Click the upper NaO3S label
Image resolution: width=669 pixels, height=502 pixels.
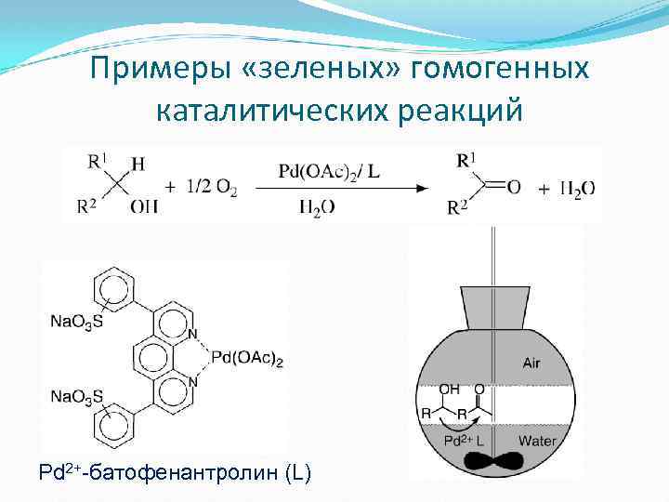pos(76,322)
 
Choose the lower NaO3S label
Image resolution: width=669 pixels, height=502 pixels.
pos(76,397)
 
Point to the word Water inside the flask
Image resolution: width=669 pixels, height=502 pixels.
pos(536,440)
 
